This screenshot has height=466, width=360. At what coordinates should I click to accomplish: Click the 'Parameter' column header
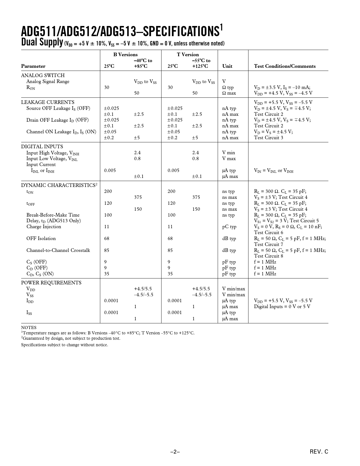click(33, 66)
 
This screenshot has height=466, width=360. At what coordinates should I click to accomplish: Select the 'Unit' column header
click(227, 66)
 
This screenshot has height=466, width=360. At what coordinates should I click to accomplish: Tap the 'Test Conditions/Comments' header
click(285, 66)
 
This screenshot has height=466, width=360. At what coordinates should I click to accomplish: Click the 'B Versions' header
click(125, 55)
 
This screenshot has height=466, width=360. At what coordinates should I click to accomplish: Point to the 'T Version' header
click(188, 55)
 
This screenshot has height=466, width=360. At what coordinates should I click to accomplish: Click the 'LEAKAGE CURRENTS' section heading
click(48, 102)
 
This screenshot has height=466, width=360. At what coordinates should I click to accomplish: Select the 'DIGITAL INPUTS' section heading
click(42, 147)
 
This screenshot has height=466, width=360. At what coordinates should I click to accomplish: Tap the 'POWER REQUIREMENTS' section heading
click(51, 283)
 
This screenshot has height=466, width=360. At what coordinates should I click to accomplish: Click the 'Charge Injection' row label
click(44, 227)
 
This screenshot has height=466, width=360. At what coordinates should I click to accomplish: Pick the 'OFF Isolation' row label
click(41, 239)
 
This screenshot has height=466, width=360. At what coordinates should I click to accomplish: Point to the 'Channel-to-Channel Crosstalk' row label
click(58, 251)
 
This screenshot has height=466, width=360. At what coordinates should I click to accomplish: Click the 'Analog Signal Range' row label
click(48, 82)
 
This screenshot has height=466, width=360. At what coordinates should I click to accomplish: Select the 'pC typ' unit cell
click(229, 227)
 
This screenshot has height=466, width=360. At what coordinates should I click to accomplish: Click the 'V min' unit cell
click(228, 153)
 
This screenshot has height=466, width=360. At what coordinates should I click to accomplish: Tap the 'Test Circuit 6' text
click(269, 233)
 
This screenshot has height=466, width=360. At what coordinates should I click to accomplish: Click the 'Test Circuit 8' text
click(269, 256)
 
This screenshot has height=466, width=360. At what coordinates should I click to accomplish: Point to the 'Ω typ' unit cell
click(228, 88)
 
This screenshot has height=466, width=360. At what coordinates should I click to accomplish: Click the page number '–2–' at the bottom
click(175, 452)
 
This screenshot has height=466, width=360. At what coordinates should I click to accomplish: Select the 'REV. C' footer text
click(319, 452)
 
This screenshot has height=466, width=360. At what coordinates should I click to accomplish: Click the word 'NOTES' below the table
click(29, 328)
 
